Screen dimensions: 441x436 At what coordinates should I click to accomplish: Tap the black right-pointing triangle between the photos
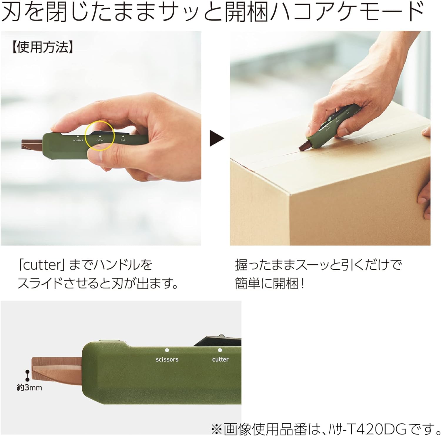[216, 138]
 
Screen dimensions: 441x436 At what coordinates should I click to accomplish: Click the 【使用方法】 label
[42, 47]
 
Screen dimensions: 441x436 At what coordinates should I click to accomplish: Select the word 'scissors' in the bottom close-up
[167, 359]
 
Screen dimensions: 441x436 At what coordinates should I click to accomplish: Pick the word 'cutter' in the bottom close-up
[220, 359]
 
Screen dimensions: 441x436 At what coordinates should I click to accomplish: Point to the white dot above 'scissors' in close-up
[167, 350]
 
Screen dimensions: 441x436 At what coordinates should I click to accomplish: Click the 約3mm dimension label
[29, 388]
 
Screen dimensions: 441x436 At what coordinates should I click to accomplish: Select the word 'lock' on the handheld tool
[123, 140]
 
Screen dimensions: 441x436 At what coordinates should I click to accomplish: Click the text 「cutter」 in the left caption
[41, 265]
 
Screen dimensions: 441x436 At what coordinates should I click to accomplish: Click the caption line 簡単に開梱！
[269, 283]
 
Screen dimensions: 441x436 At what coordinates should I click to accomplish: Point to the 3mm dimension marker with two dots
[27, 376]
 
